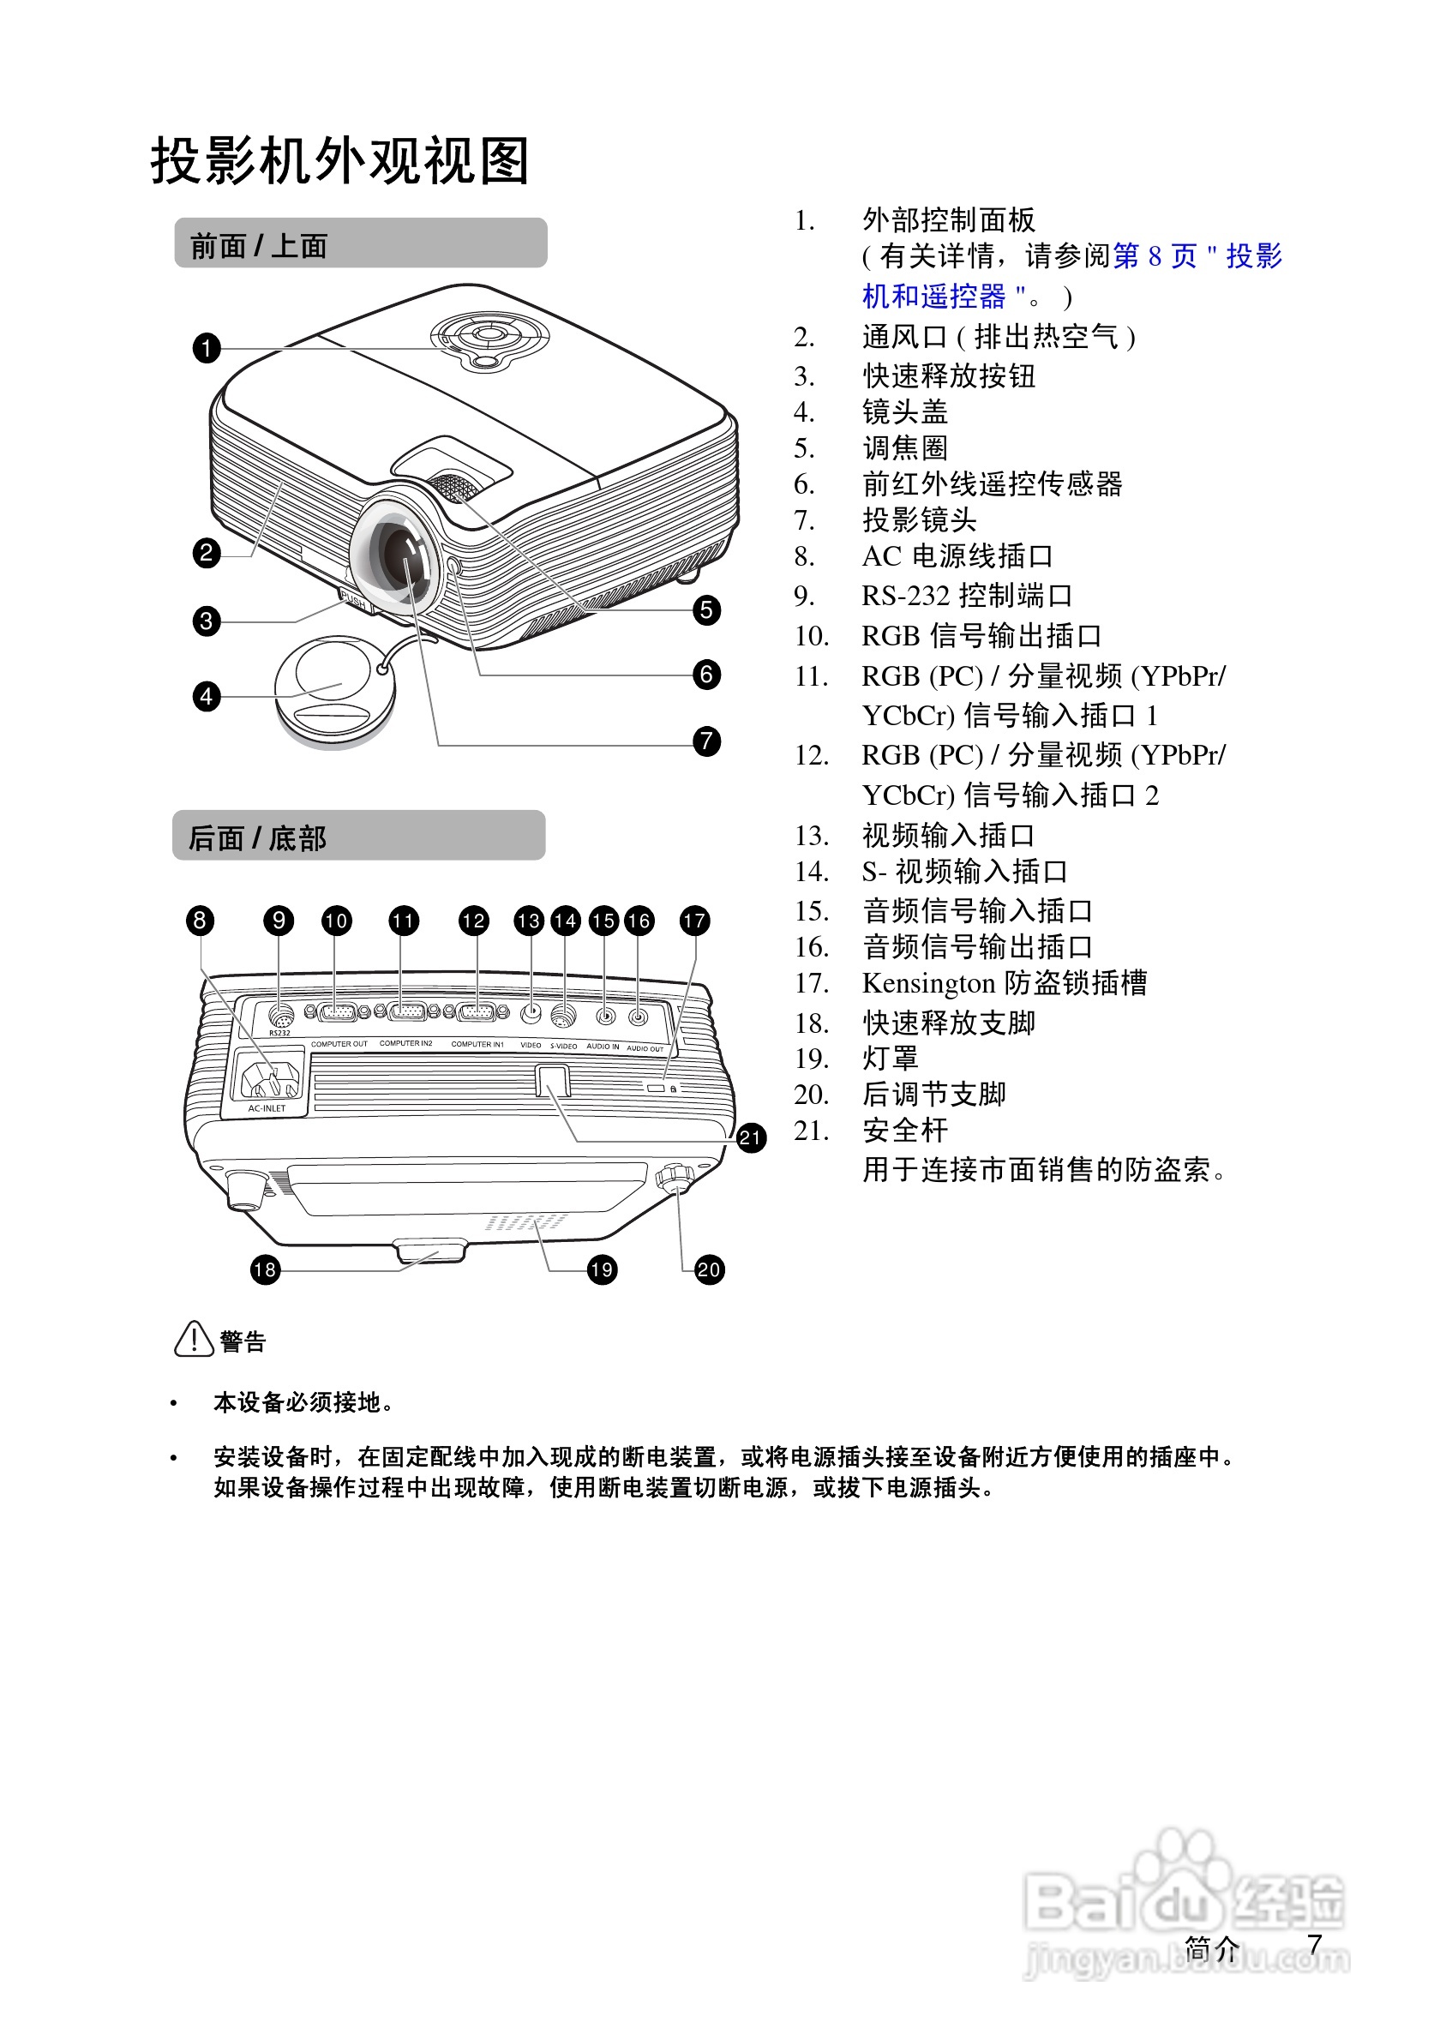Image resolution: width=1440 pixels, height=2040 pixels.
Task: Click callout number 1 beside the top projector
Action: [206, 347]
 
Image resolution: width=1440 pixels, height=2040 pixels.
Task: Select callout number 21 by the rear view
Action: [751, 1137]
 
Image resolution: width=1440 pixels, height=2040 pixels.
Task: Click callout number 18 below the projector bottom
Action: [265, 1269]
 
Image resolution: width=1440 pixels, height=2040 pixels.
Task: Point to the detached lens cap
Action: [333, 688]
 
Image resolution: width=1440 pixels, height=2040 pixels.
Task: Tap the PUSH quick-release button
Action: [353, 602]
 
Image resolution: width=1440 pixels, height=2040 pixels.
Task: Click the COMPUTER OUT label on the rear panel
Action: [339, 1044]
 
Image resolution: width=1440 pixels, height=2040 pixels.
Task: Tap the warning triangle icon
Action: [193, 1339]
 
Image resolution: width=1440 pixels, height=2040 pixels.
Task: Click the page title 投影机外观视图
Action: [340, 162]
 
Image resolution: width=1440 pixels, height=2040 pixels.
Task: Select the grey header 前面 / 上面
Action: [360, 243]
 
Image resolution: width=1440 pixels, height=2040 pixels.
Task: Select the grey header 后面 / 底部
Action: [358, 836]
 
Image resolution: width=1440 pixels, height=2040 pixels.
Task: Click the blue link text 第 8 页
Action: [1154, 257]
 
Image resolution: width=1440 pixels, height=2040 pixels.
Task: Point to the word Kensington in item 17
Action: [927, 984]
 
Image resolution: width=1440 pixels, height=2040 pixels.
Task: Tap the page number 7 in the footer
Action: [1315, 1944]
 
